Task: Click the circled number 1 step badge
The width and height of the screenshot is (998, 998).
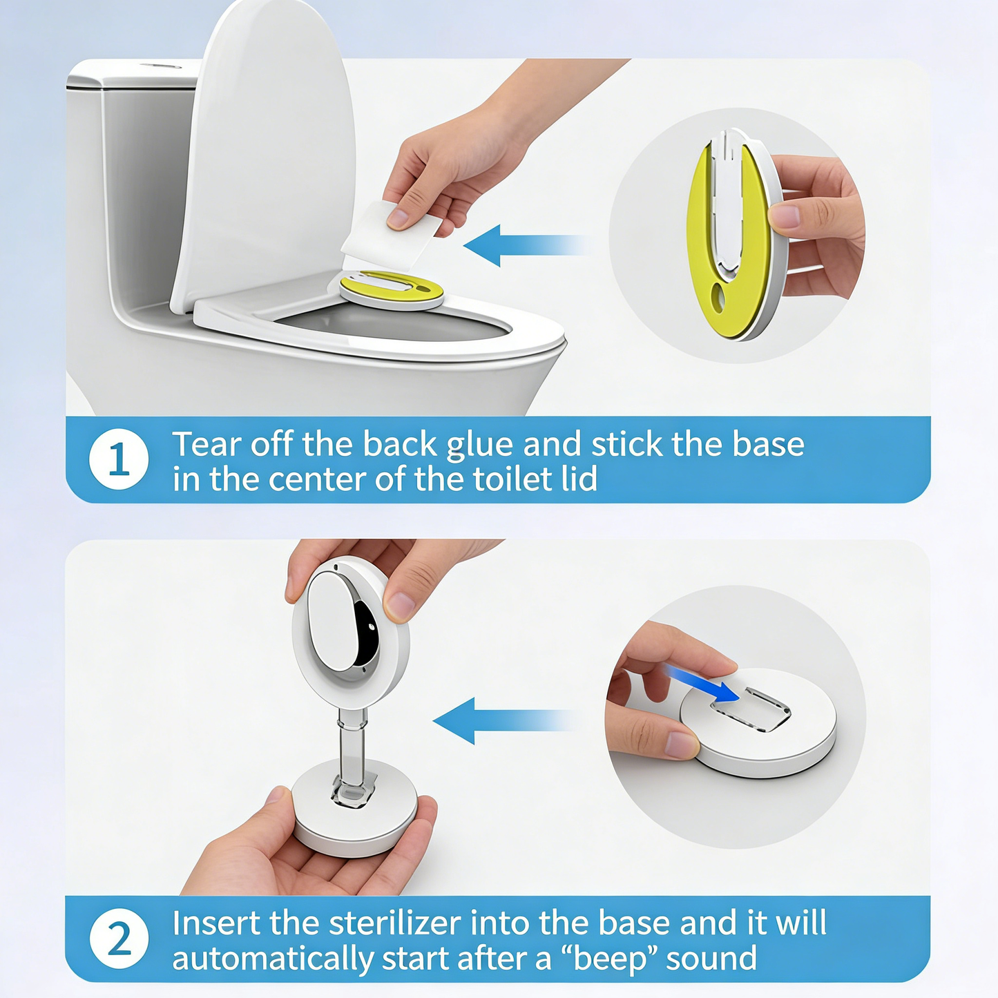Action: pyautogui.click(x=119, y=460)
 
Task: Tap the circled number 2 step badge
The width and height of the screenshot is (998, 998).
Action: pyautogui.click(x=119, y=939)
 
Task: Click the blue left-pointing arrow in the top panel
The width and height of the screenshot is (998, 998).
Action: pyautogui.click(x=525, y=245)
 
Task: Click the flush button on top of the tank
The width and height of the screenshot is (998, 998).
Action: pyautogui.click(x=160, y=66)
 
